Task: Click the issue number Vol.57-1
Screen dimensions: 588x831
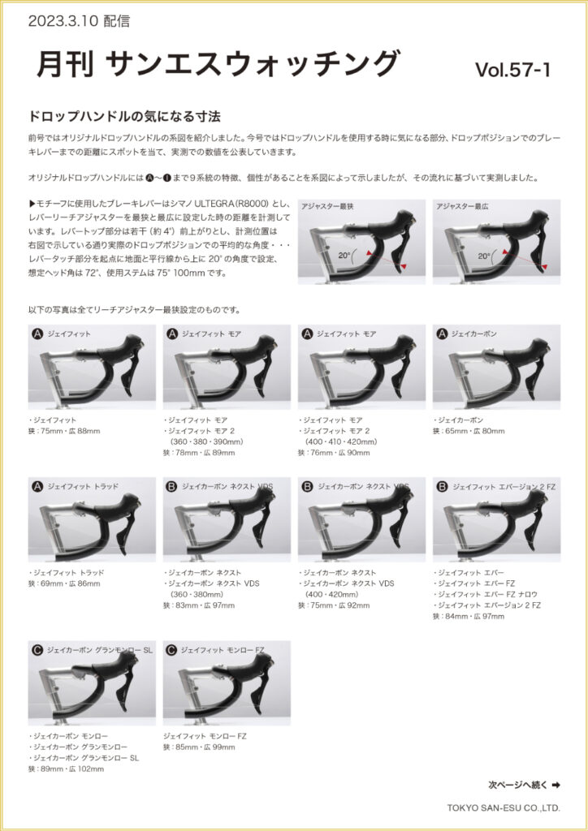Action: click(512, 71)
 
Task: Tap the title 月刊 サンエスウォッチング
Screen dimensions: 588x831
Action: click(217, 63)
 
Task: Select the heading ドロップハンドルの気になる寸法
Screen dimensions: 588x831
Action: click(124, 116)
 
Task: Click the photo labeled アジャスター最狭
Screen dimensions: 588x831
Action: click(361, 242)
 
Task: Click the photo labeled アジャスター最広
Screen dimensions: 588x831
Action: click(496, 242)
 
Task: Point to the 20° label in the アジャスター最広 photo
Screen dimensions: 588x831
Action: click(483, 256)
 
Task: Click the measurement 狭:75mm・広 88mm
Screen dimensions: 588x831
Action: click(64, 431)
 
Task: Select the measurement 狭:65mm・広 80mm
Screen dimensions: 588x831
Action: click(469, 431)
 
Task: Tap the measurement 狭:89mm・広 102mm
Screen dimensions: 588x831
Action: click(66, 769)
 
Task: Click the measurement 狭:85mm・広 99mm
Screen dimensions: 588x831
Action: click(199, 747)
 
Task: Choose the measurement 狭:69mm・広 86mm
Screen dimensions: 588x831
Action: click(64, 583)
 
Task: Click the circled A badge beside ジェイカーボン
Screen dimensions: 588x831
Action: click(442, 334)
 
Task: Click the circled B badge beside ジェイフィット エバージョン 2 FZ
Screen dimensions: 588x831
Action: click(442, 487)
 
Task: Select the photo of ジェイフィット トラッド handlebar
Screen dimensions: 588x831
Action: click(92, 519)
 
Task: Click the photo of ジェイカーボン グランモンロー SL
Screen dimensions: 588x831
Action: click(92, 683)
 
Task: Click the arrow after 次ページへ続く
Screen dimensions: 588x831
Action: click(556, 785)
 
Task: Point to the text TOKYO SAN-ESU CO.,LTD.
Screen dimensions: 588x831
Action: click(504, 808)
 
